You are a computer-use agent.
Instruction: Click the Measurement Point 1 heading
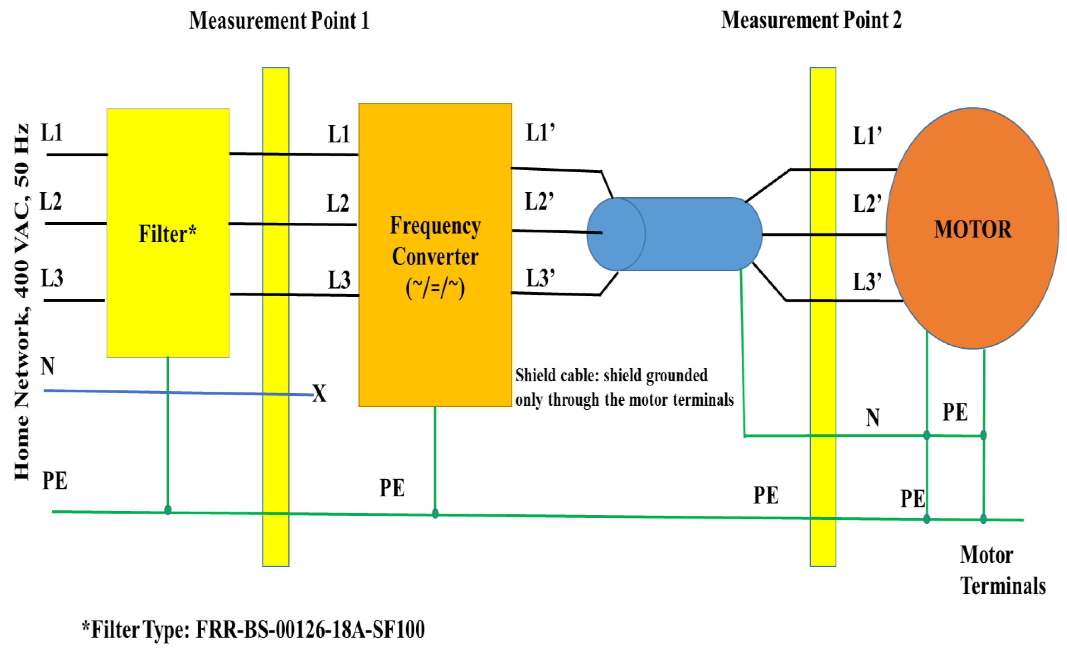pyautogui.click(x=279, y=21)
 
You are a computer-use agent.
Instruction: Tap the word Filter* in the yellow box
pyautogui.click(x=168, y=234)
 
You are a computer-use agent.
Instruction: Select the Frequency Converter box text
pyautogui.click(x=435, y=257)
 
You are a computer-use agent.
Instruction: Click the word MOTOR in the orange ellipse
pyautogui.click(x=973, y=229)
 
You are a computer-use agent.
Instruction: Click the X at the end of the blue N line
pyautogui.click(x=320, y=394)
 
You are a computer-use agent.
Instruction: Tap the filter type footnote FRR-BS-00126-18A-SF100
pyautogui.click(x=253, y=629)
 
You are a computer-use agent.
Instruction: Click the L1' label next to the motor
pyautogui.click(x=867, y=136)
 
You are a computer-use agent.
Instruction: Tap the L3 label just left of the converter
pyautogui.click(x=339, y=280)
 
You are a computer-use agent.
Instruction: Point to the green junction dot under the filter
pyautogui.click(x=168, y=510)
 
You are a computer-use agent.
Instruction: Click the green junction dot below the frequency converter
pyautogui.click(x=435, y=514)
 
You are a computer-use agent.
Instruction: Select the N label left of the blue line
pyautogui.click(x=48, y=366)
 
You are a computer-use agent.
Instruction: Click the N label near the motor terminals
pyautogui.click(x=873, y=418)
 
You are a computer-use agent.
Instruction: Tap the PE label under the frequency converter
pyautogui.click(x=392, y=488)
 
